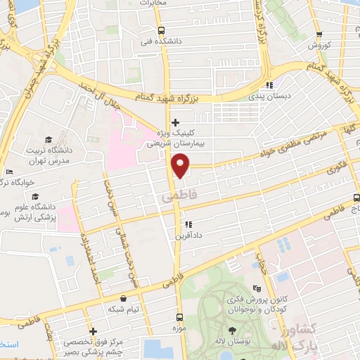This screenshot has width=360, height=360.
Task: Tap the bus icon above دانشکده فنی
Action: tap(162, 30)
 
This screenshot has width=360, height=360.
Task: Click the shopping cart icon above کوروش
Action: tap(319, 34)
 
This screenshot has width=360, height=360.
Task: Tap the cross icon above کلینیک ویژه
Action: tap(175, 122)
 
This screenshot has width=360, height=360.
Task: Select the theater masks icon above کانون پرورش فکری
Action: tap(258, 288)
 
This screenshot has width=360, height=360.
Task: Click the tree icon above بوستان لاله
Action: tap(232, 329)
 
